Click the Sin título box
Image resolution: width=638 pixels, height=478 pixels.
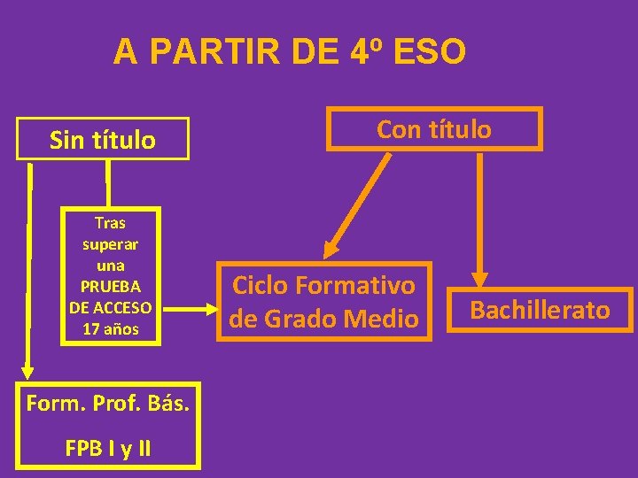pyautogui.click(x=103, y=139)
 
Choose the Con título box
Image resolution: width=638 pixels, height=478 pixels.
pyautogui.click(x=434, y=129)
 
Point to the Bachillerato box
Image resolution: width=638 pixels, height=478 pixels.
pyautogui.click(x=540, y=310)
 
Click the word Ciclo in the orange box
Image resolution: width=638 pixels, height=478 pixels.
pyautogui.click(x=262, y=285)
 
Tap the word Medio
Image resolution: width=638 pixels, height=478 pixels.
pyautogui.click(x=384, y=317)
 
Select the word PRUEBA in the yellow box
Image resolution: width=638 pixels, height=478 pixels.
pyautogui.click(x=110, y=287)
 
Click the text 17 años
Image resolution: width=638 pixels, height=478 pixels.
pyautogui.click(x=110, y=329)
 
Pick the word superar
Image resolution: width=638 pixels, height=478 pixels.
pyautogui.click(x=110, y=243)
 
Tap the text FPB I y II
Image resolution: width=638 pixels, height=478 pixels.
pyautogui.click(x=108, y=448)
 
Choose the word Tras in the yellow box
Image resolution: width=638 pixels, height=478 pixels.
pyautogui.click(x=110, y=222)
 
